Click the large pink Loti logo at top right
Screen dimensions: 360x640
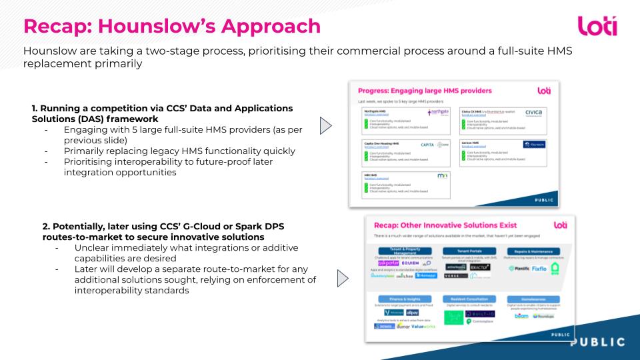(597, 26)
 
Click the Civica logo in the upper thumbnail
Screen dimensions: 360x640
(538, 113)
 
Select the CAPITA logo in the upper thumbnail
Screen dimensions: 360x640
(427, 144)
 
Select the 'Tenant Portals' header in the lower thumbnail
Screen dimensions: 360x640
(470, 251)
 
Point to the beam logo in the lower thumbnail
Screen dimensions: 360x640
(522, 316)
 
